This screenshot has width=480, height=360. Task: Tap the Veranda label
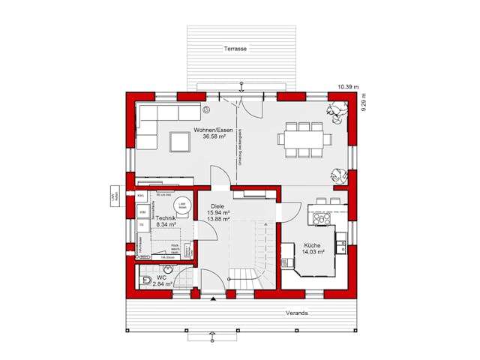click(x=296, y=313)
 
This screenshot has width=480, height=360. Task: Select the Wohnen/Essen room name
click(x=210, y=130)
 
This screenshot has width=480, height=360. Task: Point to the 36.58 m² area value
click(x=210, y=138)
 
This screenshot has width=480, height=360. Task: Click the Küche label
click(x=313, y=245)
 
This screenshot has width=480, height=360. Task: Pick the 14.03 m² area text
click(x=313, y=253)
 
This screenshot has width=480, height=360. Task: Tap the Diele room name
click(x=217, y=205)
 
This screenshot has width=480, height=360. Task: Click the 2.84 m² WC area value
click(x=163, y=284)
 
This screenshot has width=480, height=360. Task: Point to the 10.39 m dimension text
click(x=348, y=88)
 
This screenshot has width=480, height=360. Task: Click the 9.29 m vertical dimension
click(x=364, y=102)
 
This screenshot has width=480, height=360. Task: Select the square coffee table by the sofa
click(x=180, y=141)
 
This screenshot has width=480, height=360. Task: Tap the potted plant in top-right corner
click(x=337, y=111)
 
